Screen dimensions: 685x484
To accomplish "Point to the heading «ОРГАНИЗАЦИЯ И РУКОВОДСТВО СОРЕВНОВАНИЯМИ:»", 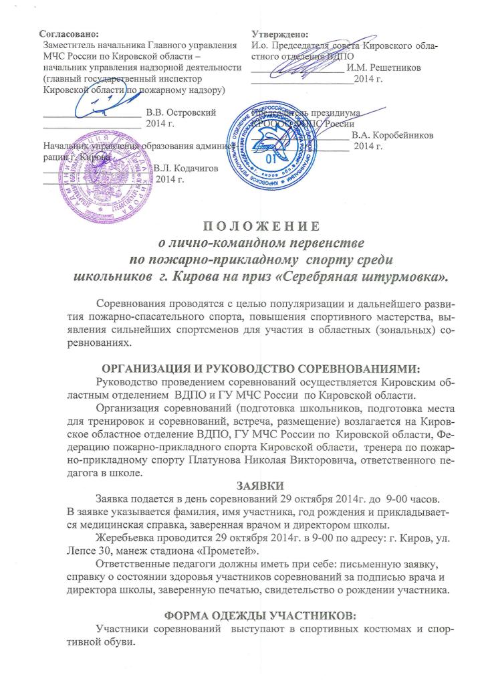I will point(241,369).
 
